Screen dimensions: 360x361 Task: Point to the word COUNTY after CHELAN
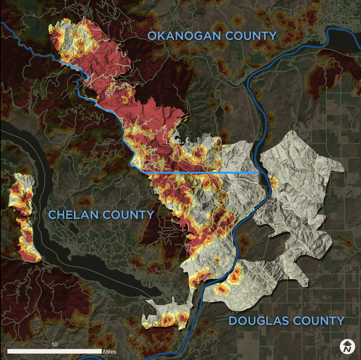click(x=129, y=215)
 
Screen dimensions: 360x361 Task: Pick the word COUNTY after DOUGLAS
click(x=319, y=321)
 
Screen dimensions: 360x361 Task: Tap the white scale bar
click(x=54, y=352)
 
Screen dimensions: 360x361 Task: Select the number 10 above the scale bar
click(x=54, y=345)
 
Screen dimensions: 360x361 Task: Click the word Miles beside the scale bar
click(x=110, y=352)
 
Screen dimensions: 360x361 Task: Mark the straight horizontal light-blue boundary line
click(x=199, y=172)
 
